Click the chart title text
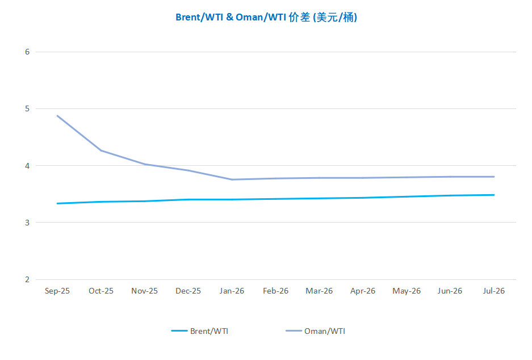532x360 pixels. coord(266,18)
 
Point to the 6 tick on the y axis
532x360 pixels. coord(27,52)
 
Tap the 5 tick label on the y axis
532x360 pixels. coord(27,108)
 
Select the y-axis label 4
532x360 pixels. coord(27,166)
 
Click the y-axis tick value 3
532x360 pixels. coord(27,223)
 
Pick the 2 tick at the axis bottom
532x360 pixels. coord(27,279)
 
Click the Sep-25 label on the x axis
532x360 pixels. coord(57,291)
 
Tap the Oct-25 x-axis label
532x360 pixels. coord(101,291)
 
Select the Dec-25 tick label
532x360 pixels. coord(188,291)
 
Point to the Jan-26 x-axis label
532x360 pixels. coord(232,291)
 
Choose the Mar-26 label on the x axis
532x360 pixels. coord(319,291)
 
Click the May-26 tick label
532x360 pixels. coord(407,291)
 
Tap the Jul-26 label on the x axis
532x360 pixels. coord(493,291)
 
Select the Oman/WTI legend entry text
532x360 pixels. coord(324,331)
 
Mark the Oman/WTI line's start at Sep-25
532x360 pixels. coord(57,116)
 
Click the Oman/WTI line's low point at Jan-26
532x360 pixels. coord(232,179)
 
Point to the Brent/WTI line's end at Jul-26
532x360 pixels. coord(493,195)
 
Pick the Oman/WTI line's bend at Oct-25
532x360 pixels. coord(101,150)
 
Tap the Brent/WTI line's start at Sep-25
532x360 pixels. coord(57,203)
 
